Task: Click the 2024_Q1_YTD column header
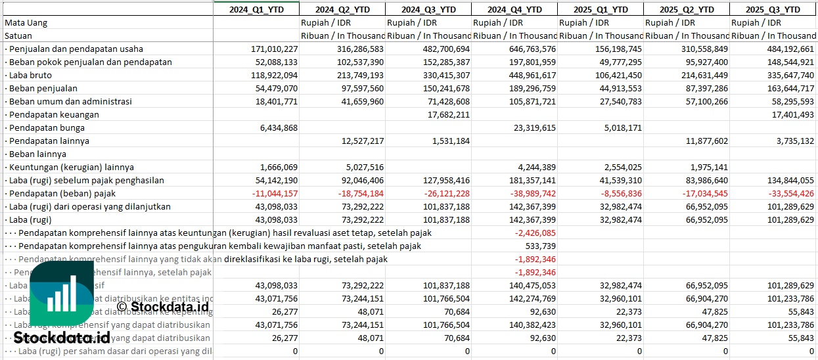tap(256, 9)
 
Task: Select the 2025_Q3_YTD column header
tap(773, 9)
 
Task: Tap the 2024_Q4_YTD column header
tap(515, 9)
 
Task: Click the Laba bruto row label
tap(30, 75)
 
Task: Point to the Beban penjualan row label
tap(43, 88)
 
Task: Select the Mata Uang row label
tap(26, 22)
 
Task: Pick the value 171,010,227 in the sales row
tap(275, 49)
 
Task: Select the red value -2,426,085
tap(535, 233)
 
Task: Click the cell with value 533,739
tap(540, 246)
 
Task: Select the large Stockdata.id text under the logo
tap(62, 338)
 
